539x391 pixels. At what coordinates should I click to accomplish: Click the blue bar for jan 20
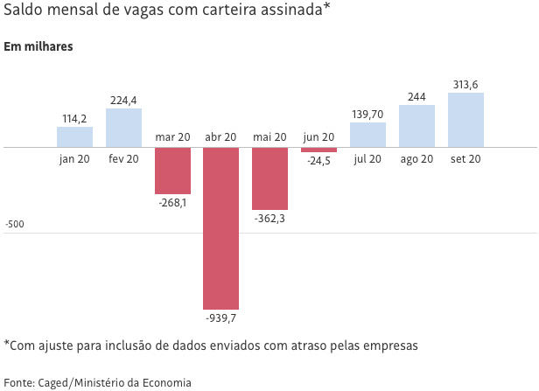click(x=74, y=137)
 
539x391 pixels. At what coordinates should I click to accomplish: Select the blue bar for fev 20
click(x=123, y=128)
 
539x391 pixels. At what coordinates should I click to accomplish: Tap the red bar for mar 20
click(x=172, y=171)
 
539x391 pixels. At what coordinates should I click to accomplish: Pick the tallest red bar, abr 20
click(x=220, y=228)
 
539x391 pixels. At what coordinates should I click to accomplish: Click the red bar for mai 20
click(x=269, y=178)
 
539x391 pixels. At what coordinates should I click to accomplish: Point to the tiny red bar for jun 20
click(x=318, y=150)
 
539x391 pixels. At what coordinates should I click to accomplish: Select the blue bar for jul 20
click(x=367, y=135)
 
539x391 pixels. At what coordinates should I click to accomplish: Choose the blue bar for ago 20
click(x=416, y=126)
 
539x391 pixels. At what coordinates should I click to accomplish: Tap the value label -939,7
click(x=220, y=318)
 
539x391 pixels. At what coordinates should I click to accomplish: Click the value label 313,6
click(x=465, y=85)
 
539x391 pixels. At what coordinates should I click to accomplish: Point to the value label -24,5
click(x=318, y=161)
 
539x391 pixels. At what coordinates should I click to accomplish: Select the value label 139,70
click(x=367, y=115)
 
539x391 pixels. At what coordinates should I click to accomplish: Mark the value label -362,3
click(x=269, y=218)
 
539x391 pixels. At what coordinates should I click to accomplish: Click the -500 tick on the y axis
click(x=14, y=225)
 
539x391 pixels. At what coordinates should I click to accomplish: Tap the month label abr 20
click(x=220, y=137)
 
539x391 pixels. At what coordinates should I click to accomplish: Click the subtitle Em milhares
click(x=38, y=46)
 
